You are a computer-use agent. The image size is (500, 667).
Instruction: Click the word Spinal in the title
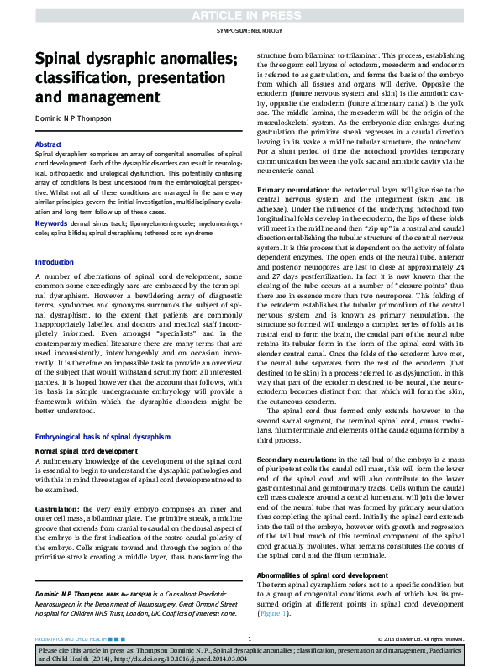click(60, 60)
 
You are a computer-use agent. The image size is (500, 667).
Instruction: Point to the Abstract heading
click(47, 145)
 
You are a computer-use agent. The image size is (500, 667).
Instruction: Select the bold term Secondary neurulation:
click(298, 461)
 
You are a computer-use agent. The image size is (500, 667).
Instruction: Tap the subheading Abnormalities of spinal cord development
click(322, 575)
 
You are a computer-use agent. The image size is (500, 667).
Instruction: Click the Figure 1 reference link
click(273, 613)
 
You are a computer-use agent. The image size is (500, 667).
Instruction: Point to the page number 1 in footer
click(250, 638)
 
